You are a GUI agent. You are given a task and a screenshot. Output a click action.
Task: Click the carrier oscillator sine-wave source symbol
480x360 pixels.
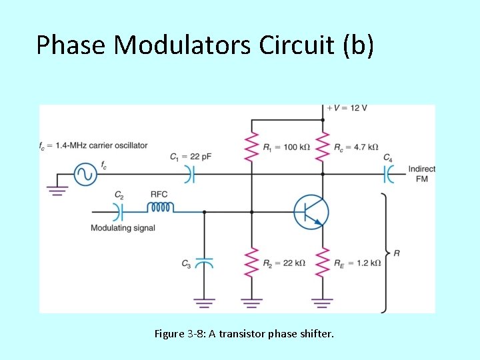click(85, 175)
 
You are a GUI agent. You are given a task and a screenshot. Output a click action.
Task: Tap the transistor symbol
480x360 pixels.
click(311, 212)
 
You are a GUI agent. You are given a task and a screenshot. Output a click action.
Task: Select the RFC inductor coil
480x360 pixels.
click(160, 207)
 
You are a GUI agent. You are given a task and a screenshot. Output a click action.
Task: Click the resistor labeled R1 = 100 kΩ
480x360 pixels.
click(251, 146)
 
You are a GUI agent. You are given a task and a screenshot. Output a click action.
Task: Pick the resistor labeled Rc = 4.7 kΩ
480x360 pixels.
click(323, 146)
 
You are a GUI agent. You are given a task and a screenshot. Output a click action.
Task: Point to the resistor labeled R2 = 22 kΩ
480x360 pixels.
click(251, 262)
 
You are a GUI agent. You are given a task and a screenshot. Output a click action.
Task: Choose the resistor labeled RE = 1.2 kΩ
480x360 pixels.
click(323, 262)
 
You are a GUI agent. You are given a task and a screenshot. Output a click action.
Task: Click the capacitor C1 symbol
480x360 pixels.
click(189, 175)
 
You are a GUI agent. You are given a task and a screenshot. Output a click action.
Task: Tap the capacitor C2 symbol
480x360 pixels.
click(119, 212)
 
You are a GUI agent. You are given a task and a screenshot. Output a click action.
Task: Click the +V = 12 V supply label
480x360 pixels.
click(347, 108)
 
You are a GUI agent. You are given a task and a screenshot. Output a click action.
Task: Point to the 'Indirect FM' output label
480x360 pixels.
click(421, 174)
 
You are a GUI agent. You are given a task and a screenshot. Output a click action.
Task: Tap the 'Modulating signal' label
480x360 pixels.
click(123, 228)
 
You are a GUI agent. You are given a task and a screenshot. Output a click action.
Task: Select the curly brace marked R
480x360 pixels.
click(384, 253)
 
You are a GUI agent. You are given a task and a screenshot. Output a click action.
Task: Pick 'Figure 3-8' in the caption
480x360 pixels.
click(179, 333)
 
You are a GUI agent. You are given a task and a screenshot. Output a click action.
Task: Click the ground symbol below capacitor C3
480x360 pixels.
click(205, 303)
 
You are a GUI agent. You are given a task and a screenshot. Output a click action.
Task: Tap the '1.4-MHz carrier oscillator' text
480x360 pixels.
click(101, 145)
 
